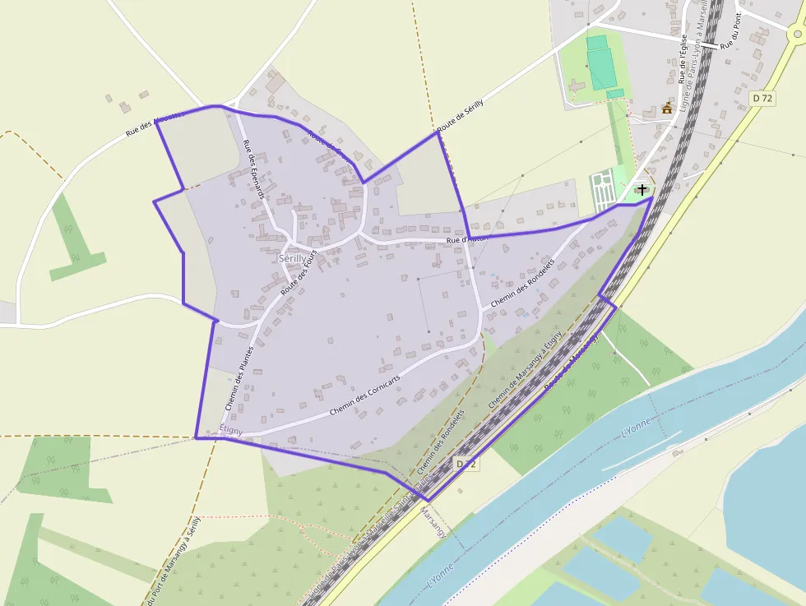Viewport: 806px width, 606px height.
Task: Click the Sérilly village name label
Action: [x=292, y=257]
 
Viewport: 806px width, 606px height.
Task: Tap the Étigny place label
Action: [x=231, y=430]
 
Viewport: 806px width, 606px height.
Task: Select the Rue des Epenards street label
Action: [x=254, y=169]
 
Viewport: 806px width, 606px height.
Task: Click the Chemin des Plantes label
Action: [x=239, y=377]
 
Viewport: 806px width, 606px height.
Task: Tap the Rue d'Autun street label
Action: [x=466, y=239]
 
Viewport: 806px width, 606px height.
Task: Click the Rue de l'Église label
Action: [x=682, y=58]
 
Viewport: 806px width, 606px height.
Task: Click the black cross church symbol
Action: [x=642, y=189]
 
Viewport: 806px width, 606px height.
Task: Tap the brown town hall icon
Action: [x=667, y=108]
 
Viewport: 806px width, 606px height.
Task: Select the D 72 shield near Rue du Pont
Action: [x=762, y=98]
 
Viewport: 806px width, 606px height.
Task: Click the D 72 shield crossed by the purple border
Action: [x=466, y=465]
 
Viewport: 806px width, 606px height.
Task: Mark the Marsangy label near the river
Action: [x=433, y=522]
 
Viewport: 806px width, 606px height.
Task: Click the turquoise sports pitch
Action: [x=602, y=64]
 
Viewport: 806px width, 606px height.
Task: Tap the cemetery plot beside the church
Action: [x=603, y=188]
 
